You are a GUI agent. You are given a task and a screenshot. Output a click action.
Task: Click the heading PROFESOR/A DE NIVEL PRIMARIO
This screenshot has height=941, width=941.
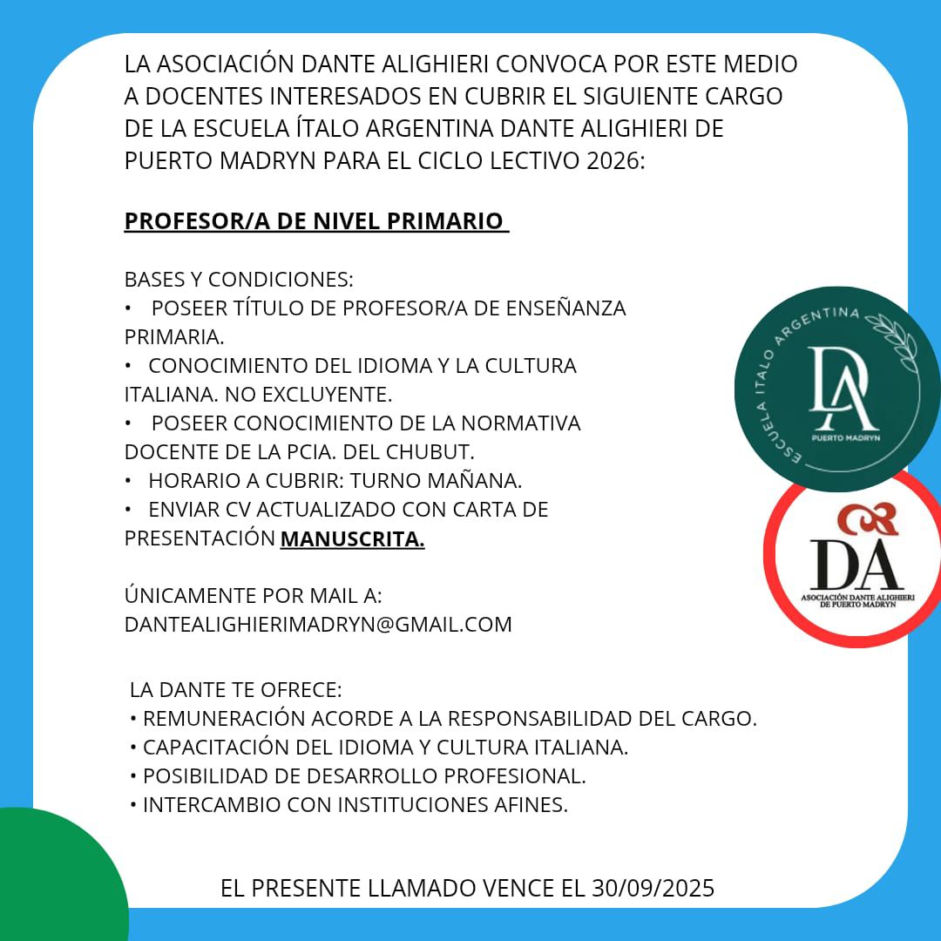tap(315, 221)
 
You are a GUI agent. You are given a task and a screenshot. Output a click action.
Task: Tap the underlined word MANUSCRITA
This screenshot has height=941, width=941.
tap(352, 538)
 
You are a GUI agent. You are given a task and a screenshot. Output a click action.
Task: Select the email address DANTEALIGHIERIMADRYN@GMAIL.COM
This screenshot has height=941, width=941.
tap(318, 624)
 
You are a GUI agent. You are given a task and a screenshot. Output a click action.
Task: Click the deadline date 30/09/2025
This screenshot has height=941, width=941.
tap(653, 888)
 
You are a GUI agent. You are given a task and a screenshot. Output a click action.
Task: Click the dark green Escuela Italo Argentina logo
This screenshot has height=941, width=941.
tap(836, 389)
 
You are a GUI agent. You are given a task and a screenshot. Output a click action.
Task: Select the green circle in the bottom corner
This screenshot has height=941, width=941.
tap(52, 880)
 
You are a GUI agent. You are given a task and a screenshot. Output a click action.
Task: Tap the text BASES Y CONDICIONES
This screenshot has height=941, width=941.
tap(239, 280)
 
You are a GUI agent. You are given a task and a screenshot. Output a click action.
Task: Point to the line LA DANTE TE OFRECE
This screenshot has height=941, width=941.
tap(235, 690)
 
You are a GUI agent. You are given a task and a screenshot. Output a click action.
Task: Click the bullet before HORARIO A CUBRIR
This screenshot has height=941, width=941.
tap(128, 480)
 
